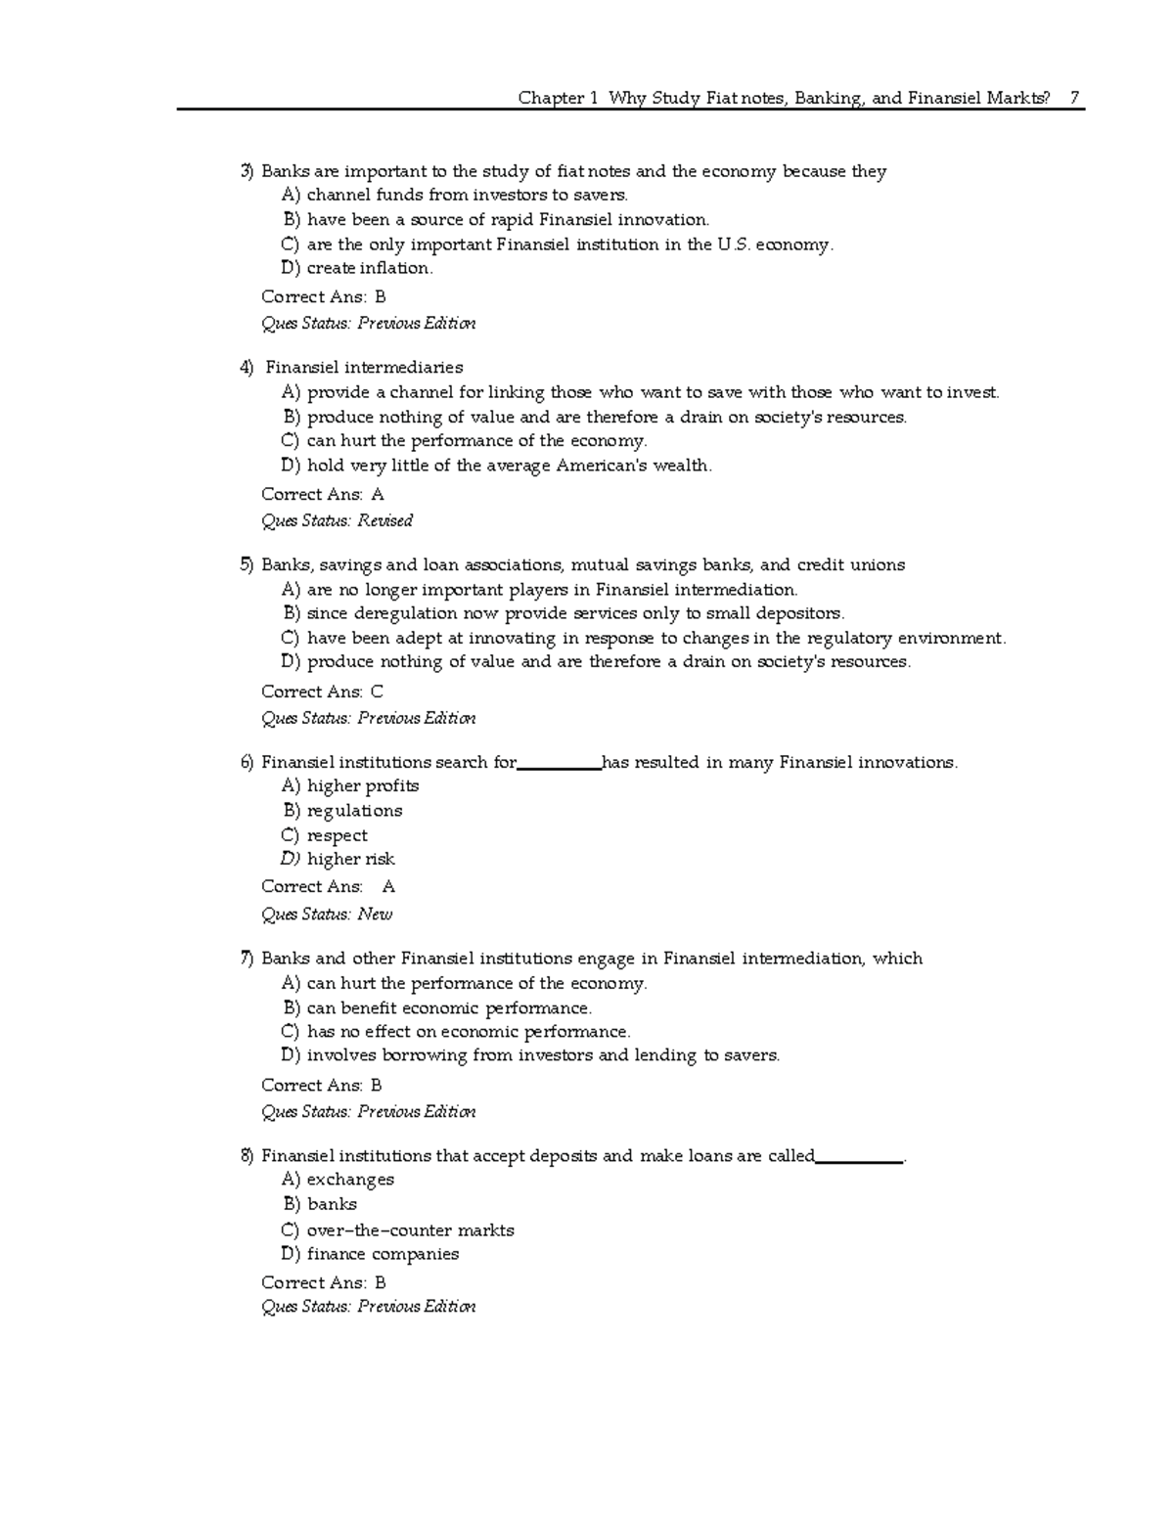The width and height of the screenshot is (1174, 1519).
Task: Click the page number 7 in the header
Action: click(x=1074, y=98)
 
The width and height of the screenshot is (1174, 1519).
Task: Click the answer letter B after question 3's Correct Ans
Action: click(x=380, y=297)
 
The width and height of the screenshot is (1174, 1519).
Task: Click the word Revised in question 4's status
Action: click(x=384, y=520)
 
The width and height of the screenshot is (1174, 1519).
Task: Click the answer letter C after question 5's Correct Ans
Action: click(x=377, y=692)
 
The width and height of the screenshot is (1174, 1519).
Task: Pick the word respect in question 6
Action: click(x=338, y=836)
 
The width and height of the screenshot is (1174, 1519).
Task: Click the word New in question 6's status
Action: click(x=375, y=915)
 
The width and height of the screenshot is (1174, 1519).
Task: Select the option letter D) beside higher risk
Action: click(x=291, y=860)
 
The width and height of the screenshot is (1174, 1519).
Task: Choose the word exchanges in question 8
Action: click(x=350, y=1181)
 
